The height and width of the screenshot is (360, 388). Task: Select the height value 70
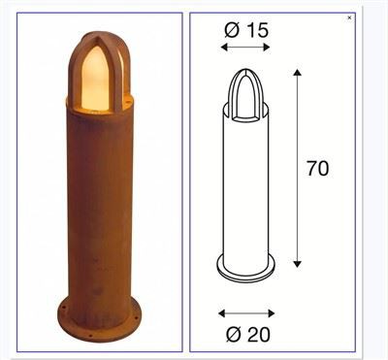[x=316, y=168]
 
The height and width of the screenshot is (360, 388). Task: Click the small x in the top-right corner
[x=349, y=17]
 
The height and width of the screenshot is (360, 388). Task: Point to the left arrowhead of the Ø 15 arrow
[x=224, y=47]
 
